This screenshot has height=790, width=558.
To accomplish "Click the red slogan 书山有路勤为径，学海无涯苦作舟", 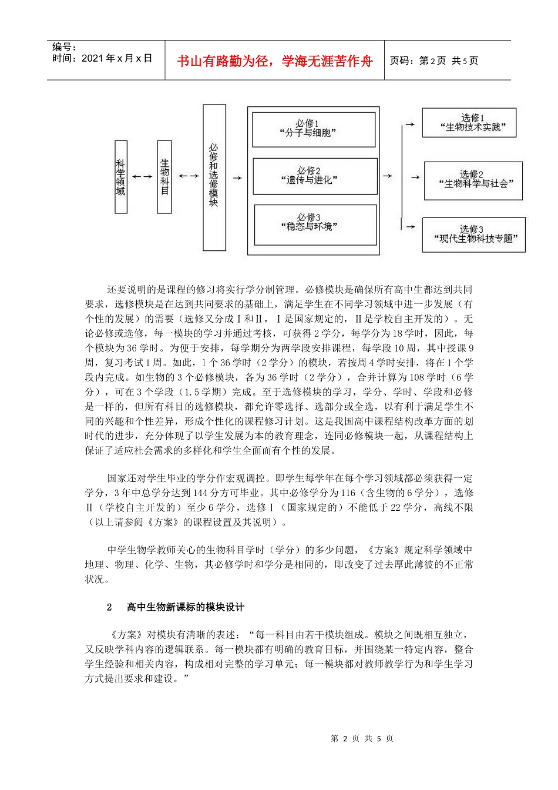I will coord(274,61).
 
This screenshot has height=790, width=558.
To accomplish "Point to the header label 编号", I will coord(65,47).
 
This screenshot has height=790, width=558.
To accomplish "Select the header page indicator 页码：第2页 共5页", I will coord(434,61).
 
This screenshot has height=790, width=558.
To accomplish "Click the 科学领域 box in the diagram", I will coord(120,176).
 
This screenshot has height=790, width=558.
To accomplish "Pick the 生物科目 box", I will coord(164,176).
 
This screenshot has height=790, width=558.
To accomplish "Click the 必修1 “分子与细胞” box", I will coord(314,129).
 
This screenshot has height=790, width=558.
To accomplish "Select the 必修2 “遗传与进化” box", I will coord(314,176).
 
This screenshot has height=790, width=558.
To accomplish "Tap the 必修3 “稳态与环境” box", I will coord(315,225).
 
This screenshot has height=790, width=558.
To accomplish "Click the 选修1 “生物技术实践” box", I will coord(469,123).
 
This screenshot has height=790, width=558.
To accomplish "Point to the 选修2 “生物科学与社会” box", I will coord(473,180).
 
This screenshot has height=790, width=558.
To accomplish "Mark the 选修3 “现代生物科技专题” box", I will coord(473,235).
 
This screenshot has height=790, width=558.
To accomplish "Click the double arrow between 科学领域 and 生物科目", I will coord(142,176).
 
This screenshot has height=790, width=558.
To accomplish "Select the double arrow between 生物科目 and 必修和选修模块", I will coord(189,176).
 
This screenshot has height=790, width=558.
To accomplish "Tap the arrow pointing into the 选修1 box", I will coord(411,125).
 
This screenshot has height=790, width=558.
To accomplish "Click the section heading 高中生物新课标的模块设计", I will coord(186,607).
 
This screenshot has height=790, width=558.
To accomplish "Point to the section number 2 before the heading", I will coord(109,607).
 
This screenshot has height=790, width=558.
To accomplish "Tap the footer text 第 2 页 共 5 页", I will coord(362,738).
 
